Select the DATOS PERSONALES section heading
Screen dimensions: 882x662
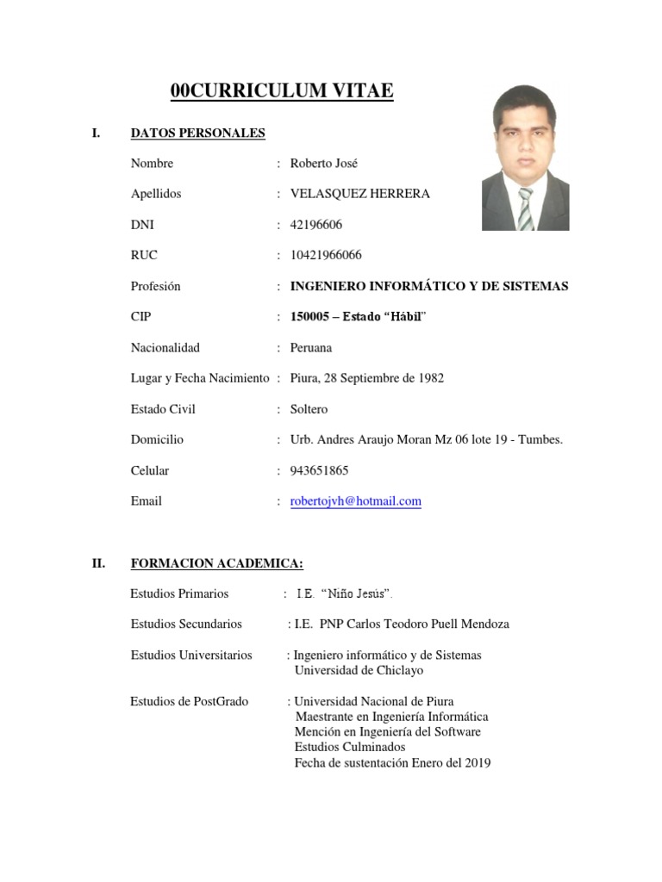197,133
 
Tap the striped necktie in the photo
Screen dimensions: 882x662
525,208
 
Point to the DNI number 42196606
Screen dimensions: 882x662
316,225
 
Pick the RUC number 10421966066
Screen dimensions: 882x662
326,255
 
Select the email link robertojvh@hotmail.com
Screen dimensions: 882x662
356,501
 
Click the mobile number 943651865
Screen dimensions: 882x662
320,470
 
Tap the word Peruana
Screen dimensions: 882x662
311,348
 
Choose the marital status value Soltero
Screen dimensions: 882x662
309,409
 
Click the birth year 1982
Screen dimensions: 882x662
430,378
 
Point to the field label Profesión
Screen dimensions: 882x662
156,286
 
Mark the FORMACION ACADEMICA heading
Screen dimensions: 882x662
216,563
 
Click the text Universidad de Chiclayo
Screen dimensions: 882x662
359,670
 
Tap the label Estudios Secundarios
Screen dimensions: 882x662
186,624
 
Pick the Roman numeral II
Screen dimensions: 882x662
98,563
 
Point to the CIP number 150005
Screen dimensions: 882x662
310,317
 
